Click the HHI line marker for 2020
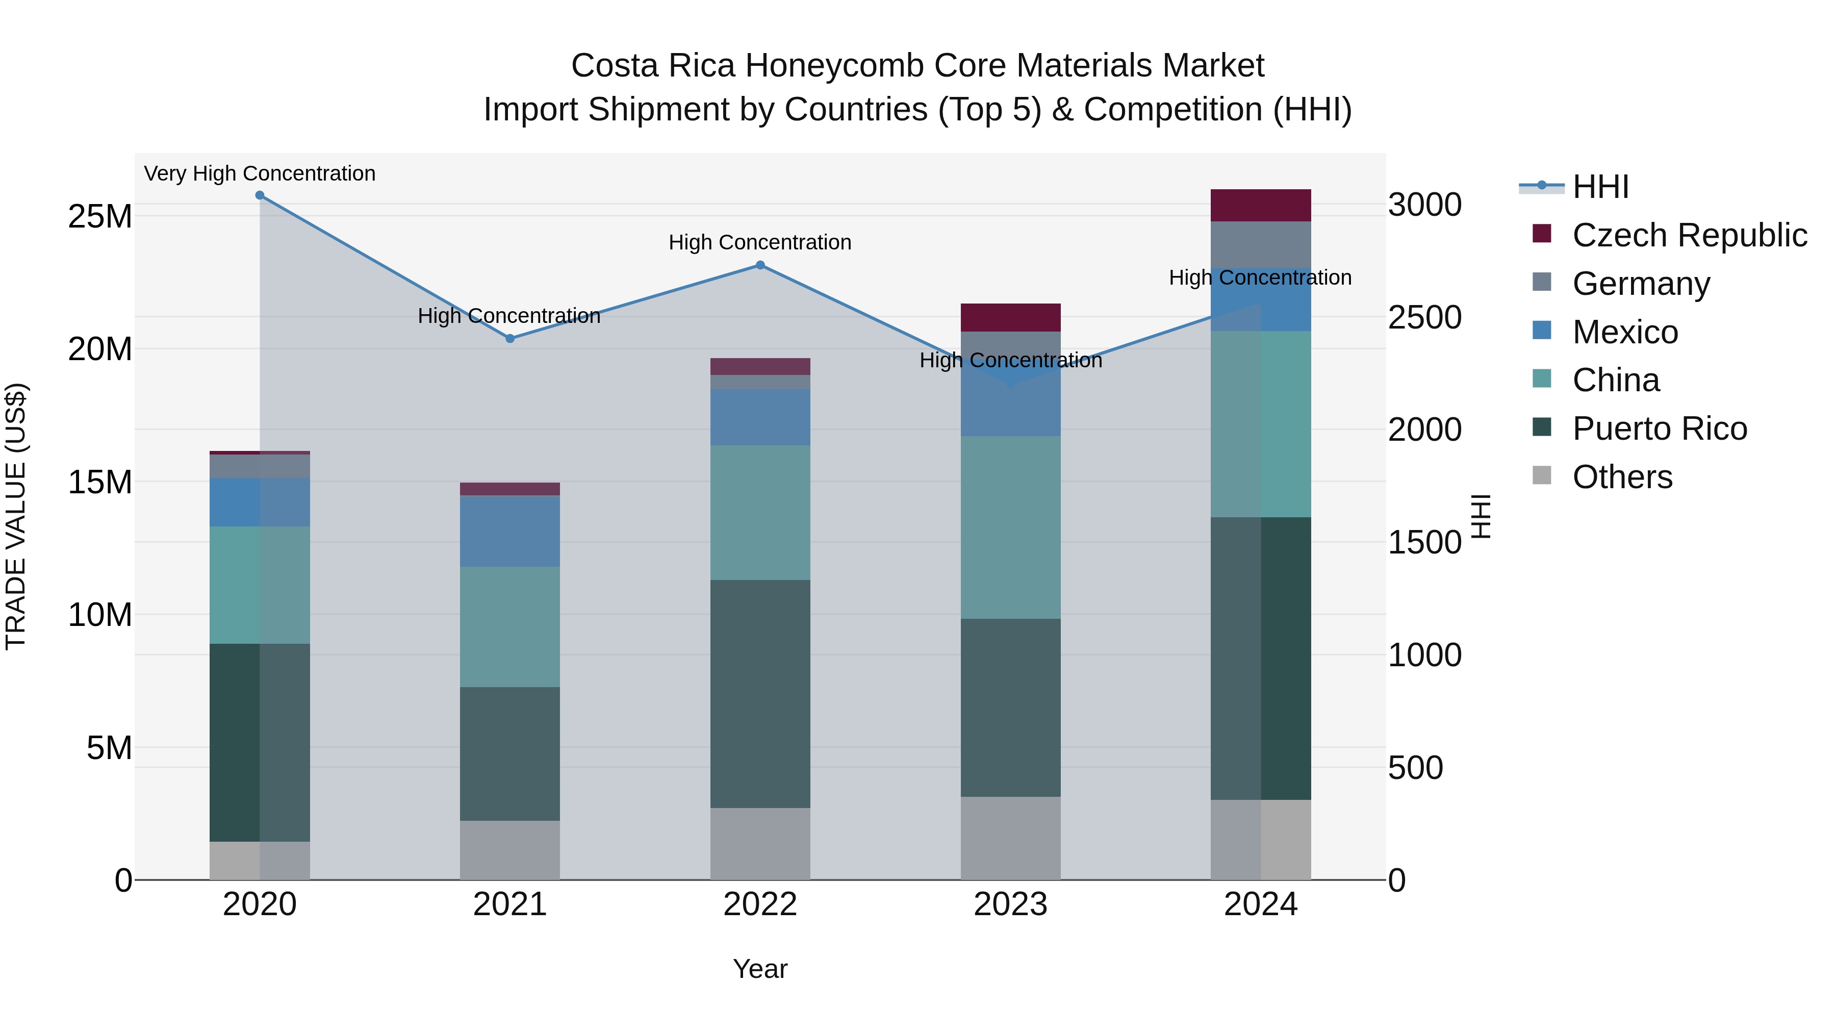pos(260,195)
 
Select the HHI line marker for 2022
pos(760,265)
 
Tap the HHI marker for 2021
pos(509,339)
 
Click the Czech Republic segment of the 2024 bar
pos(1260,205)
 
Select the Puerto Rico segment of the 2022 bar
pos(760,694)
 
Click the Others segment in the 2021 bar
pos(509,850)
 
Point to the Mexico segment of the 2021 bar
pos(509,531)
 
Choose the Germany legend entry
pos(1640,284)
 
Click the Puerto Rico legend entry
pos(1659,429)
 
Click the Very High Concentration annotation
pos(260,174)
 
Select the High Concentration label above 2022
pos(760,242)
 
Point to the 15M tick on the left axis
pos(100,483)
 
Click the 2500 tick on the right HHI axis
pos(1424,317)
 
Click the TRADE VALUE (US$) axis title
pos(16,516)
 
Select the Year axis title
pos(760,969)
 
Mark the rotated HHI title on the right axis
pos(1481,516)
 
